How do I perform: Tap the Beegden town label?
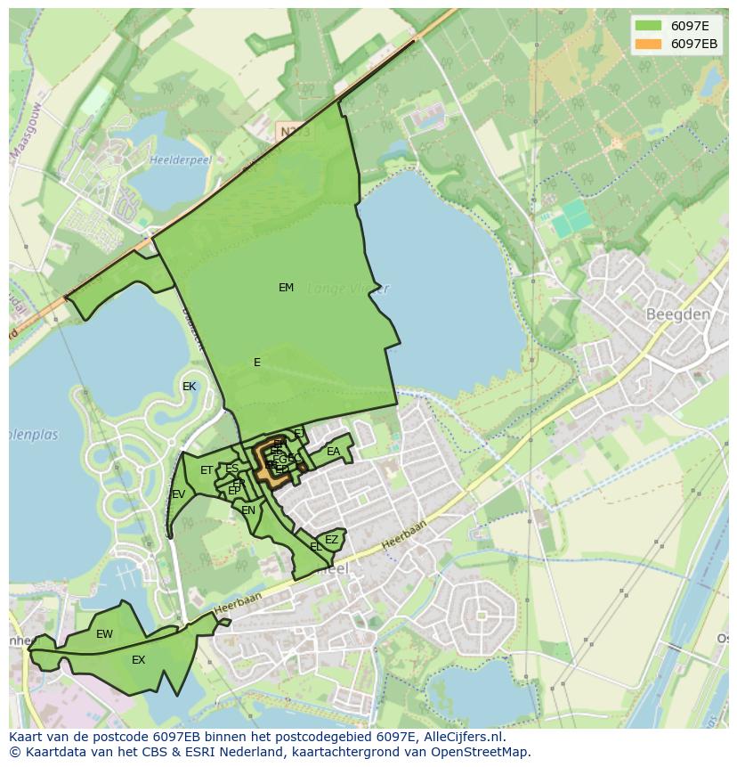pos(677,314)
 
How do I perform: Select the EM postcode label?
pos(286,288)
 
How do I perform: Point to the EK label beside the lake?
pos(189,387)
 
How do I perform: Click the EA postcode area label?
pos(333,452)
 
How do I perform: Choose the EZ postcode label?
pos(331,540)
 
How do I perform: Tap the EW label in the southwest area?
pos(104,634)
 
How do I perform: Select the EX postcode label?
pos(138,660)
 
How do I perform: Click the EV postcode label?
pos(178,494)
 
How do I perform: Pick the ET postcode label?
pos(207,470)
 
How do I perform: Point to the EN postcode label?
pos(248,510)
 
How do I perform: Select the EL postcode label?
pos(316,546)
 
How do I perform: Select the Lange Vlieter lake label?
pos(347,289)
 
